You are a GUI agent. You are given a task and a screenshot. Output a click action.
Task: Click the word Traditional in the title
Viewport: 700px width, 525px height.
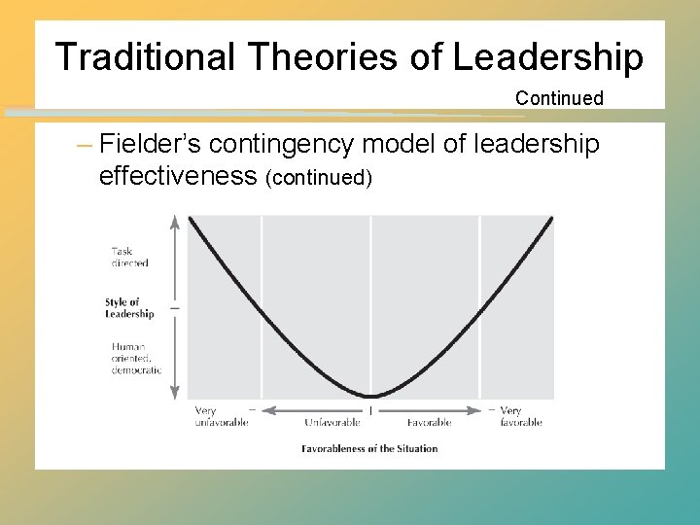pos(145,57)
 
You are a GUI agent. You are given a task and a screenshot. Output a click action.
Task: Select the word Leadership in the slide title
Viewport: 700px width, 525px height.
pos(546,57)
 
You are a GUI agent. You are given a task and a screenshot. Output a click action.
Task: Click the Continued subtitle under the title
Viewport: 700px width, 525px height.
pos(559,98)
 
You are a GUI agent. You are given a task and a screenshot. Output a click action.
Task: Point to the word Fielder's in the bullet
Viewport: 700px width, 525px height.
pos(150,145)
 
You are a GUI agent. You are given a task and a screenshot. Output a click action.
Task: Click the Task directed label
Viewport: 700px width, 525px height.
pos(129,257)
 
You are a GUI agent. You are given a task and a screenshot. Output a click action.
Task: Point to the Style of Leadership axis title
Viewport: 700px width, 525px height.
pos(129,308)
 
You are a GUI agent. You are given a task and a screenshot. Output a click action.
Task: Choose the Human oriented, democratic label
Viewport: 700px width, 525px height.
pos(136,358)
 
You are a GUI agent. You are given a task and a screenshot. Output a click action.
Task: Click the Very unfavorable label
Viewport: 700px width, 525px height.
pos(221,416)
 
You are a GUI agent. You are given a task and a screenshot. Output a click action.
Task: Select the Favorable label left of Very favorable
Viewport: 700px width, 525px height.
pos(428,423)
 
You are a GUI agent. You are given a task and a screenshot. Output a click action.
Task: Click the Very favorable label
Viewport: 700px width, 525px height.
pos(520,416)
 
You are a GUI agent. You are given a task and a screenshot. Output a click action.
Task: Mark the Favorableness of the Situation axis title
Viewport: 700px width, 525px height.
pos(369,448)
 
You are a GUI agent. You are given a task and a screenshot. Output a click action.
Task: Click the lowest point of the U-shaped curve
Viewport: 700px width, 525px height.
pos(370,396)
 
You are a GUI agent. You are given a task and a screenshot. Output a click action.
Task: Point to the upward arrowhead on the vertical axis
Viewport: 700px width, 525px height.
pos(175,221)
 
